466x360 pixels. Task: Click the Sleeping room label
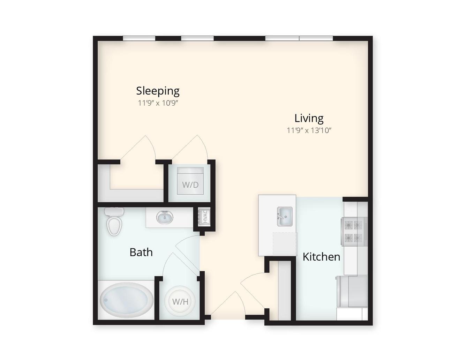pyautogui.click(x=158, y=91)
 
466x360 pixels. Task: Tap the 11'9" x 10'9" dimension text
pyautogui.click(x=158, y=103)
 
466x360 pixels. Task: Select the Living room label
pyautogui.click(x=309, y=119)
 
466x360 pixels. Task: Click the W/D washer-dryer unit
pyautogui.click(x=190, y=181)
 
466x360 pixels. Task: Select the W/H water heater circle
pyautogui.click(x=180, y=302)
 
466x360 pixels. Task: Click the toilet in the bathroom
pyautogui.click(x=114, y=221)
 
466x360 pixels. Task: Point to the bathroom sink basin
pyautogui.click(x=165, y=217)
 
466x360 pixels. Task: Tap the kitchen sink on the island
pyautogui.click(x=285, y=216)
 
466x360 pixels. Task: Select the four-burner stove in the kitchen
pyautogui.click(x=354, y=231)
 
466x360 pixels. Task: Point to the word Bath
pyautogui.click(x=141, y=252)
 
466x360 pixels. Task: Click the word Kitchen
pyautogui.click(x=321, y=257)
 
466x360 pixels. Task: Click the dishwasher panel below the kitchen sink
pyautogui.click(x=285, y=244)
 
